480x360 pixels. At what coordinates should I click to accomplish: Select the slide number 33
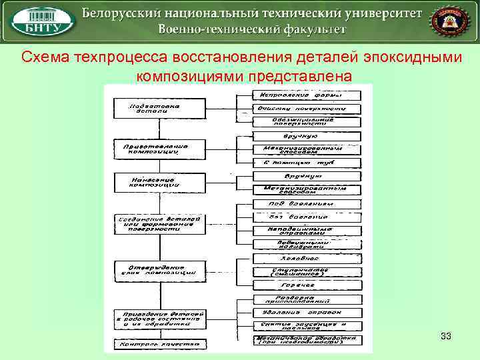click(446, 337)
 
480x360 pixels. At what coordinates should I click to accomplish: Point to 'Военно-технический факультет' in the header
click(252, 30)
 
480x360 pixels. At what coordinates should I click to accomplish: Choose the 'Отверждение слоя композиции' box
click(157, 269)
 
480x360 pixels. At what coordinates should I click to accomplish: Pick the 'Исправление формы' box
click(307, 95)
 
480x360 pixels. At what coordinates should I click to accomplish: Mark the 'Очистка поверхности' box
click(307, 108)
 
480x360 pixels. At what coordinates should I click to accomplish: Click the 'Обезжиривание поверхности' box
click(307, 121)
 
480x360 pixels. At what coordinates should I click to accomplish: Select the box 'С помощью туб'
click(307, 163)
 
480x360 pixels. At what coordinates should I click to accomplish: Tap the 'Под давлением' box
click(307, 204)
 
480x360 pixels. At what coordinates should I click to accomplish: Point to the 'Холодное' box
click(307, 257)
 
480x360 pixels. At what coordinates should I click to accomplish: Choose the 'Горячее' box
click(307, 285)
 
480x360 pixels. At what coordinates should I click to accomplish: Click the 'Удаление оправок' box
click(307, 312)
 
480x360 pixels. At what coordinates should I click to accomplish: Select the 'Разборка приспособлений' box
click(307, 299)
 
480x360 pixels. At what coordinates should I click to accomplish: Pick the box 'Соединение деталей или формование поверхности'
click(157, 223)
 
